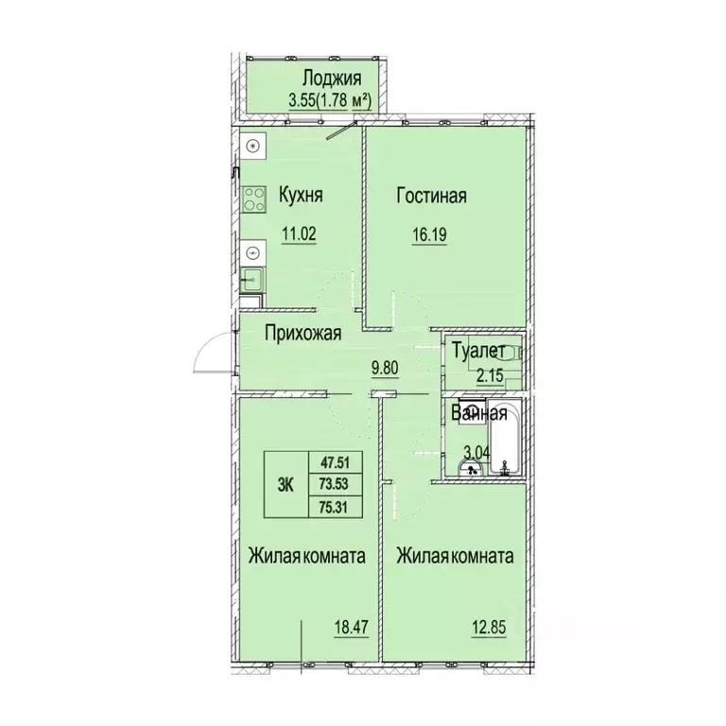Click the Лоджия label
point(329,79)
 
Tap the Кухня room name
point(301,197)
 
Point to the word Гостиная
point(432,197)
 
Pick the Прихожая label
point(302,333)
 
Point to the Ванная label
point(479,413)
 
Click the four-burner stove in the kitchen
point(253,199)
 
